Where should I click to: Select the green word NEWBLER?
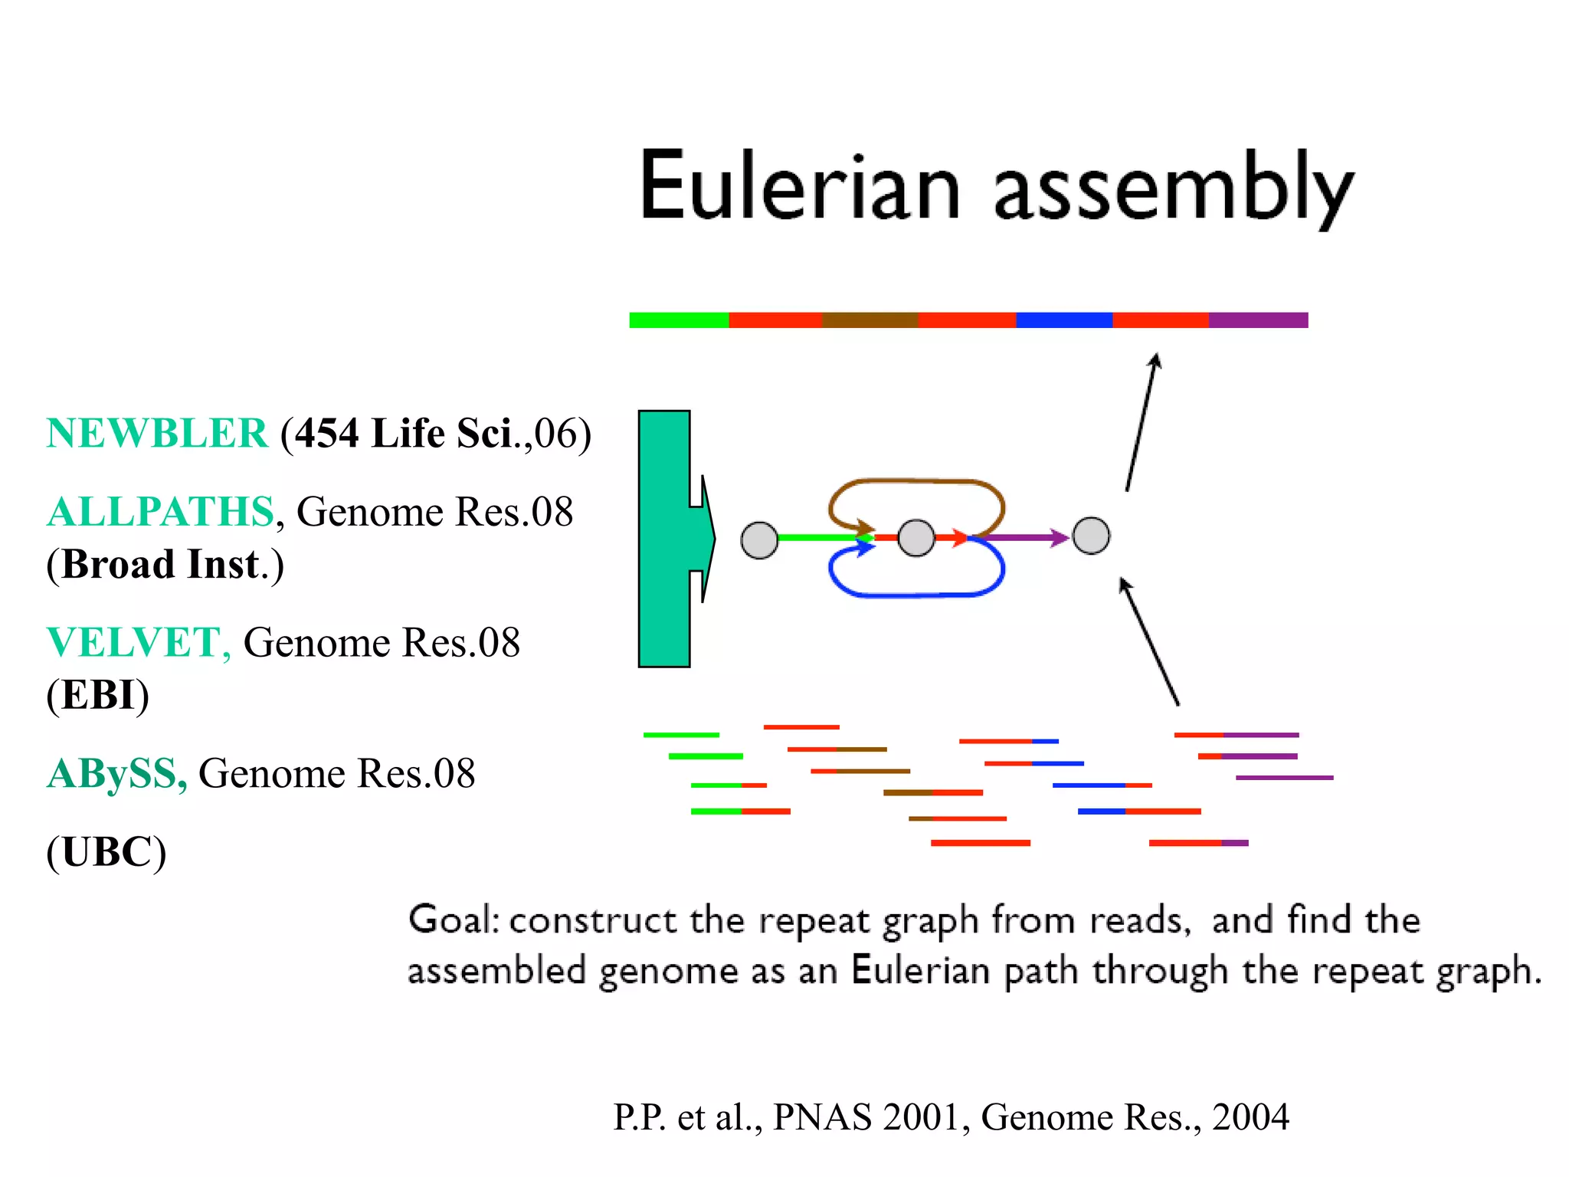click(x=157, y=433)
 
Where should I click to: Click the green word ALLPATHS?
click(x=160, y=511)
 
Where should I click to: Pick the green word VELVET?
click(x=134, y=642)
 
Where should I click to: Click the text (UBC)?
click(x=106, y=851)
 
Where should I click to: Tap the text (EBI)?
click(x=97, y=695)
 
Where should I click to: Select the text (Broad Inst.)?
click(x=165, y=564)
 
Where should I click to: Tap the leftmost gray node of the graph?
click(x=759, y=540)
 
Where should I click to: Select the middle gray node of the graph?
click(x=916, y=538)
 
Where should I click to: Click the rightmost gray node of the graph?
click(x=1091, y=536)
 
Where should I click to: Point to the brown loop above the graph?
click(x=916, y=482)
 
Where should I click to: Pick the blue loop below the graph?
click(x=916, y=594)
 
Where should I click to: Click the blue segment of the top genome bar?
click(x=1063, y=320)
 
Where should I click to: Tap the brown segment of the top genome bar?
click(x=870, y=320)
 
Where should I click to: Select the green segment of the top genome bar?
click(x=678, y=320)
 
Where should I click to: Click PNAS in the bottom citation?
click(x=821, y=1117)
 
